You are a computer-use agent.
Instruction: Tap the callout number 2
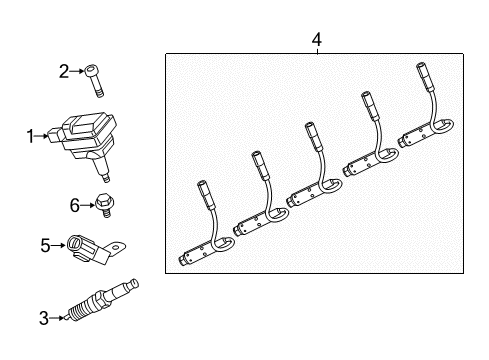63,70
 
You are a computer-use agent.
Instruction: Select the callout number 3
43,319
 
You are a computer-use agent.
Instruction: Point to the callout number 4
316,39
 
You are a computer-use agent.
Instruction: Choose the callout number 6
74,205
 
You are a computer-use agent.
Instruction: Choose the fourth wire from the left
370,140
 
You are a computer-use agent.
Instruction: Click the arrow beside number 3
57,319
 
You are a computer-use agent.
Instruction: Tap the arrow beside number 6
87,205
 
